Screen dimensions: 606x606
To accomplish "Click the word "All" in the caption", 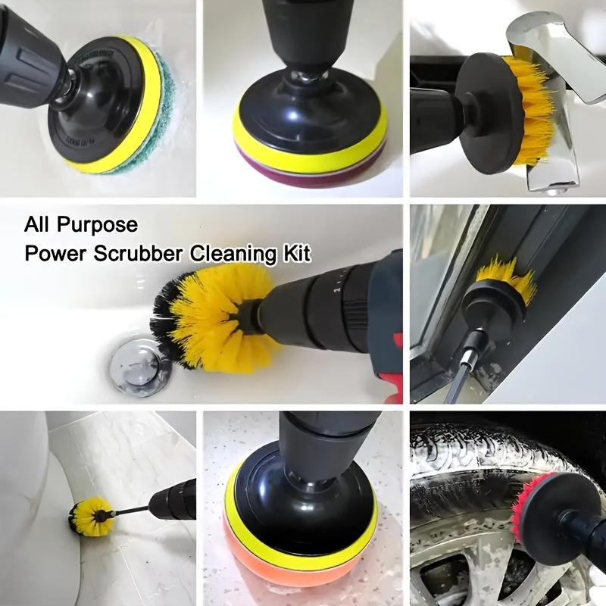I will [x=38, y=225].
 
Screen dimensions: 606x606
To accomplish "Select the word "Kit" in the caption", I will [x=295, y=252].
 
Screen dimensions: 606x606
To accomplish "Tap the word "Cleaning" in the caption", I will [x=230, y=252].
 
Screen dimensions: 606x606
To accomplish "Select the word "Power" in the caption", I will [x=51, y=252].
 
